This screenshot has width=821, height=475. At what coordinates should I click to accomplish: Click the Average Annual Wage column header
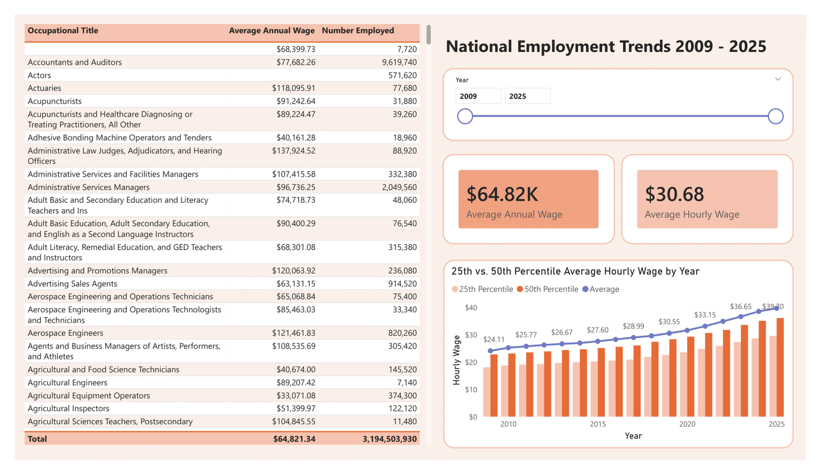(x=271, y=31)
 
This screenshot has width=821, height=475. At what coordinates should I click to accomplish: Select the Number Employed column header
(x=358, y=31)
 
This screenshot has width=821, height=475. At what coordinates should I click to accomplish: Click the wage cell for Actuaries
(x=294, y=88)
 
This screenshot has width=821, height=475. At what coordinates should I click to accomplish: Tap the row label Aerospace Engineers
(x=65, y=333)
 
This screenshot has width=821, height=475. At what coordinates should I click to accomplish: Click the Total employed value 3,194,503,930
(x=389, y=439)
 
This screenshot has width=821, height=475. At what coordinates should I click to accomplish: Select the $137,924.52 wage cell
(x=294, y=151)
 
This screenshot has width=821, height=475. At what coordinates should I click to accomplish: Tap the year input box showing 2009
(x=478, y=96)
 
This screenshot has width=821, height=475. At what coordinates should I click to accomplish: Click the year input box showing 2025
(x=527, y=96)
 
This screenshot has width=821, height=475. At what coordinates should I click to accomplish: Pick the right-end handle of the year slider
(x=775, y=116)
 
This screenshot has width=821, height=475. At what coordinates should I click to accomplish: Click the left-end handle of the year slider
(x=465, y=116)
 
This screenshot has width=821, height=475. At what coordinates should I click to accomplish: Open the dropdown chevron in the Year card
(x=778, y=80)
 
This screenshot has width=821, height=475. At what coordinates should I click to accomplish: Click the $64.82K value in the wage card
(x=502, y=194)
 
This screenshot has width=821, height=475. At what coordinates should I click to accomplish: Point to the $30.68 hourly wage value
(x=674, y=194)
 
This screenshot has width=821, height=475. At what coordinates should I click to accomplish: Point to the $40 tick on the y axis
(x=471, y=308)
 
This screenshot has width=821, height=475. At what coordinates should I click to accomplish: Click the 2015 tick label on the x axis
(x=597, y=424)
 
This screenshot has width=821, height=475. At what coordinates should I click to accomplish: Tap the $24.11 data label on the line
(x=494, y=339)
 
